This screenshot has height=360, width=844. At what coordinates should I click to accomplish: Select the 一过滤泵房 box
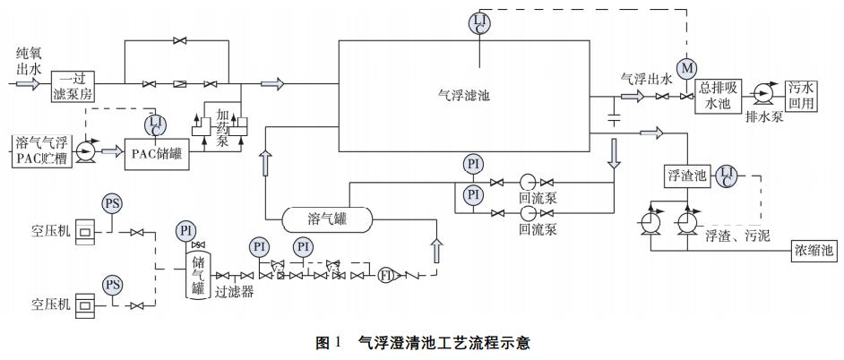(x=73, y=85)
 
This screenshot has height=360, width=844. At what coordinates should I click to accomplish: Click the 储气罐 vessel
(x=197, y=274)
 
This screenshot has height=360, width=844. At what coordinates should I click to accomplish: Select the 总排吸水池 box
(x=713, y=93)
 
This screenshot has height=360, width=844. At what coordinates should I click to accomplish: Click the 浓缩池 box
(x=814, y=251)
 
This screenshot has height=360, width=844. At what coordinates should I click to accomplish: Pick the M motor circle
(x=688, y=68)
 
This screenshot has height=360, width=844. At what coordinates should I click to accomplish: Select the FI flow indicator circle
(x=385, y=275)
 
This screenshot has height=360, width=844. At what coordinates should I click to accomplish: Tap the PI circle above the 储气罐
(x=186, y=230)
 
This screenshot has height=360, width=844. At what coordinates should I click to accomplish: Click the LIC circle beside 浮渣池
(x=726, y=176)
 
